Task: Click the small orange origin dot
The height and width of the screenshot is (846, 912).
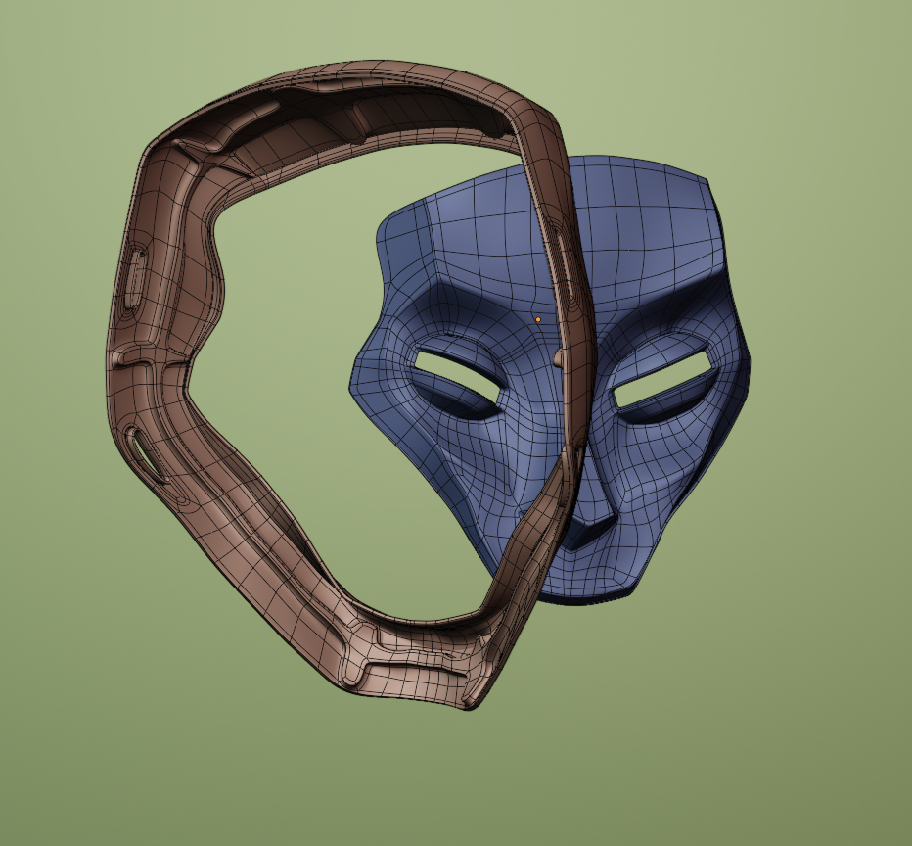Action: coord(537,319)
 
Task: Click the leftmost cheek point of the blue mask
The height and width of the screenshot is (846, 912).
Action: coord(352,387)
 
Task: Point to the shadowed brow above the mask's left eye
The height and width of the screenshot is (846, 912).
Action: coord(460,328)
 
